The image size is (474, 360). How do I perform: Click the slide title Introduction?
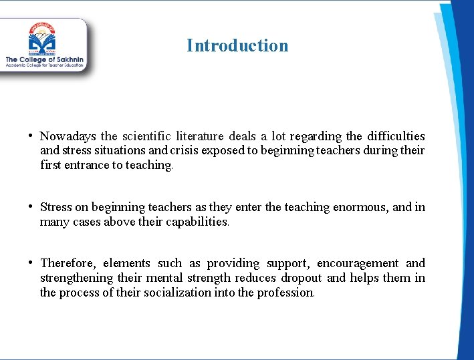point(237,45)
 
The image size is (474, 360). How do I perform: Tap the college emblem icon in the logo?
point(43,39)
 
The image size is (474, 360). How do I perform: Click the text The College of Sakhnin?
point(44,60)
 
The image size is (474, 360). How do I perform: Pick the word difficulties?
point(393,136)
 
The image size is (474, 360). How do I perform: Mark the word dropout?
point(302,278)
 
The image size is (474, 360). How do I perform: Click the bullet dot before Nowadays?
point(31,136)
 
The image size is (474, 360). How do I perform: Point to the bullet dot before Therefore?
point(31,262)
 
